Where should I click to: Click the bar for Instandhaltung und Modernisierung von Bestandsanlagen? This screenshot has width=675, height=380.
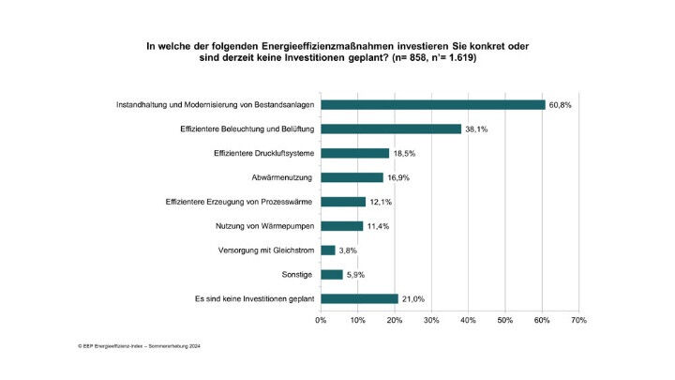coord(432,104)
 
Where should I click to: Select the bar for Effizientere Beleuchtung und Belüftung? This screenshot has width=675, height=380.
coord(391,129)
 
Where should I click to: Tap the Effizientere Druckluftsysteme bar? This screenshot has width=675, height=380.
coord(354,153)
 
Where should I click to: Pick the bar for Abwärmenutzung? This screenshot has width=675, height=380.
coord(352,177)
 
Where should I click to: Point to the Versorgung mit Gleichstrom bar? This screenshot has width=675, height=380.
coord(327,251)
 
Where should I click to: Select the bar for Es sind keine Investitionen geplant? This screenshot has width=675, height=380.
coord(359,299)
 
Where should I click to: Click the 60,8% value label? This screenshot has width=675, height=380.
coord(560,104)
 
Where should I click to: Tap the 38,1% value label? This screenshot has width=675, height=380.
coord(476,129)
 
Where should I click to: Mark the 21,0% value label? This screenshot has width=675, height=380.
coord(413,299)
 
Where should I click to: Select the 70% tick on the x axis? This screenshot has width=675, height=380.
coord(578,321)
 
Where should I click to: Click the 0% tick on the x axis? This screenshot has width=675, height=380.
coord(321,321)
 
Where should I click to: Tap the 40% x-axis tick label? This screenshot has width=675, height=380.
coord(468,321)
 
